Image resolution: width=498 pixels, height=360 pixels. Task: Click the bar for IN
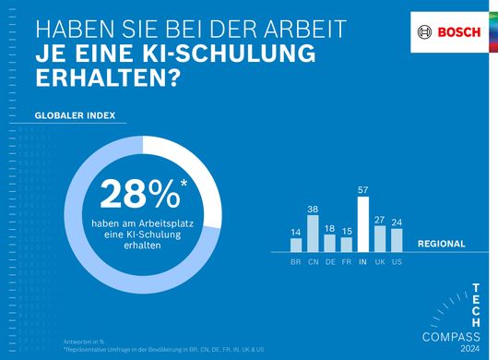coord(363,224)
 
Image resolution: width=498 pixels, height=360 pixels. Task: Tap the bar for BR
coord(296,245)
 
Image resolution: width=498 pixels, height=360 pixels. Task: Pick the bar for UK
coord(380,239)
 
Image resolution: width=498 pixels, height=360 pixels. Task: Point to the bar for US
coord(397,240)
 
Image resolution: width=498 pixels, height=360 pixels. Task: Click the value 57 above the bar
coord(363,189)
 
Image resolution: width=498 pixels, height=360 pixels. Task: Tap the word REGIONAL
coord(443,245)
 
